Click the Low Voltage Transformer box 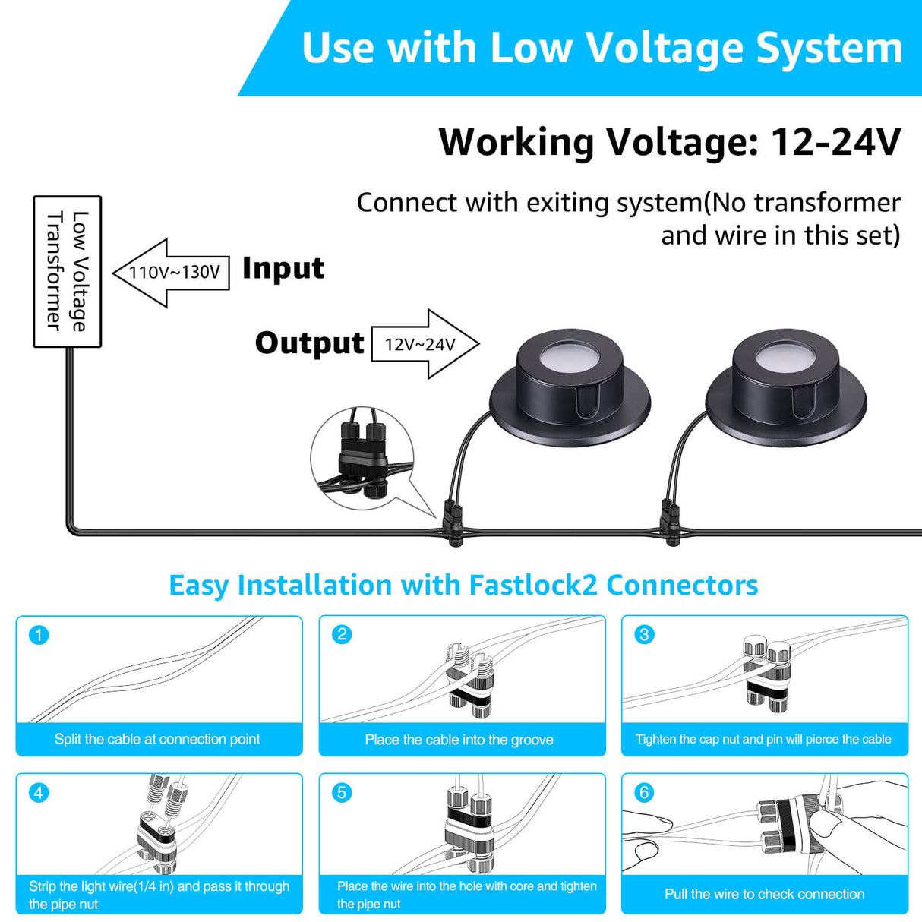pyautogui.click(x=67, y=271)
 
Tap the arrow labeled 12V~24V pyautogui.click(x=423, y=344)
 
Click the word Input pyautogui.click(x=283, y=269)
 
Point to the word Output pyautogui.click(x=309, y=343)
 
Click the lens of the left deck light pyautogui.click(x=570, y=356)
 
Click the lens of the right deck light pyautogui.click(x=785, y=356)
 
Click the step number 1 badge pyautogui.click(x=39, y=635)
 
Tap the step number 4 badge pyautogui.click(x=39, y=793)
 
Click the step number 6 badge pyautogui.click(x=644, y=793)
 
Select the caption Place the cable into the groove pyautogui.click(x=459, y=740)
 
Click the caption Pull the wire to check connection pyautogui.click(x=764, y=894)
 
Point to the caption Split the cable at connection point pyautogui.click(x=157, y=739)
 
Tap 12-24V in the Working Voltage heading pyautogui.click(x=835, y=142)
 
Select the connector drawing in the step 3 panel pyautogui.click(x=767, y=674)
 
